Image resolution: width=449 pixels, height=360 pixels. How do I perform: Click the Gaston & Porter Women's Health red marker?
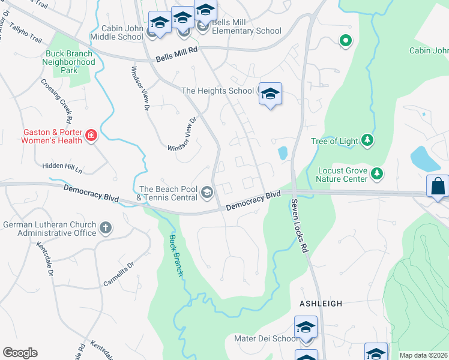[x=91, y=136]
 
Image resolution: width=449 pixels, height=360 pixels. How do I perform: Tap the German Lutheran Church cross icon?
[x=106, y=227]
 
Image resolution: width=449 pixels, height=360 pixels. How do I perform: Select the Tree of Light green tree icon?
[x=367, y=141]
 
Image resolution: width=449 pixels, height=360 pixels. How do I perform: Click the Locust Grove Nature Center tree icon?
[x=376, y=174]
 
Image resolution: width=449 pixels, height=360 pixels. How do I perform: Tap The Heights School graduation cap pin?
[x=270, y=94]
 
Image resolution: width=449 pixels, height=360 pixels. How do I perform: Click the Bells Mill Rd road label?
[x=176, y=55]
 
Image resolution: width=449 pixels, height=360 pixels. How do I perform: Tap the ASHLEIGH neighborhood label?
[x=321, y=304]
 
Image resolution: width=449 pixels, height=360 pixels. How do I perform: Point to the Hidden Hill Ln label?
[x=62, y=168]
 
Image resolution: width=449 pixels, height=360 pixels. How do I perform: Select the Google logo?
[x=20, y=353]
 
